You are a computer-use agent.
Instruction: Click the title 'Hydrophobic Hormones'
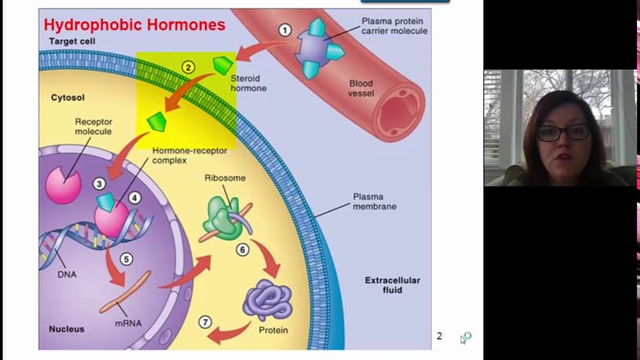134,25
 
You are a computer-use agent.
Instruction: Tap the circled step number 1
284,31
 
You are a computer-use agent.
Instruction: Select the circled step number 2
188,67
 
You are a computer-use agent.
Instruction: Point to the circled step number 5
127,260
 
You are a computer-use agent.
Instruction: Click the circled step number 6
242,250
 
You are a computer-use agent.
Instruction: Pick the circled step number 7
205,322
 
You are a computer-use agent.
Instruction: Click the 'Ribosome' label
225,178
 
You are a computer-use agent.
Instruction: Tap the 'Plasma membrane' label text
375,202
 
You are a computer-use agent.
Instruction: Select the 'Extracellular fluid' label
393,285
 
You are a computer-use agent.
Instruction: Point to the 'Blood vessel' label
361,88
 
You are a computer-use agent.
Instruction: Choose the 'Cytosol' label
67,98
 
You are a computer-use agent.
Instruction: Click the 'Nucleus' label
66,329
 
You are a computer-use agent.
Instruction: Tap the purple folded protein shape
267,300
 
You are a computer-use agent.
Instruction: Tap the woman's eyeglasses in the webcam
563,132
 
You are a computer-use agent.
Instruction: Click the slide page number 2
439,336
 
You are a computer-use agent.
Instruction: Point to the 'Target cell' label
72,40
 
